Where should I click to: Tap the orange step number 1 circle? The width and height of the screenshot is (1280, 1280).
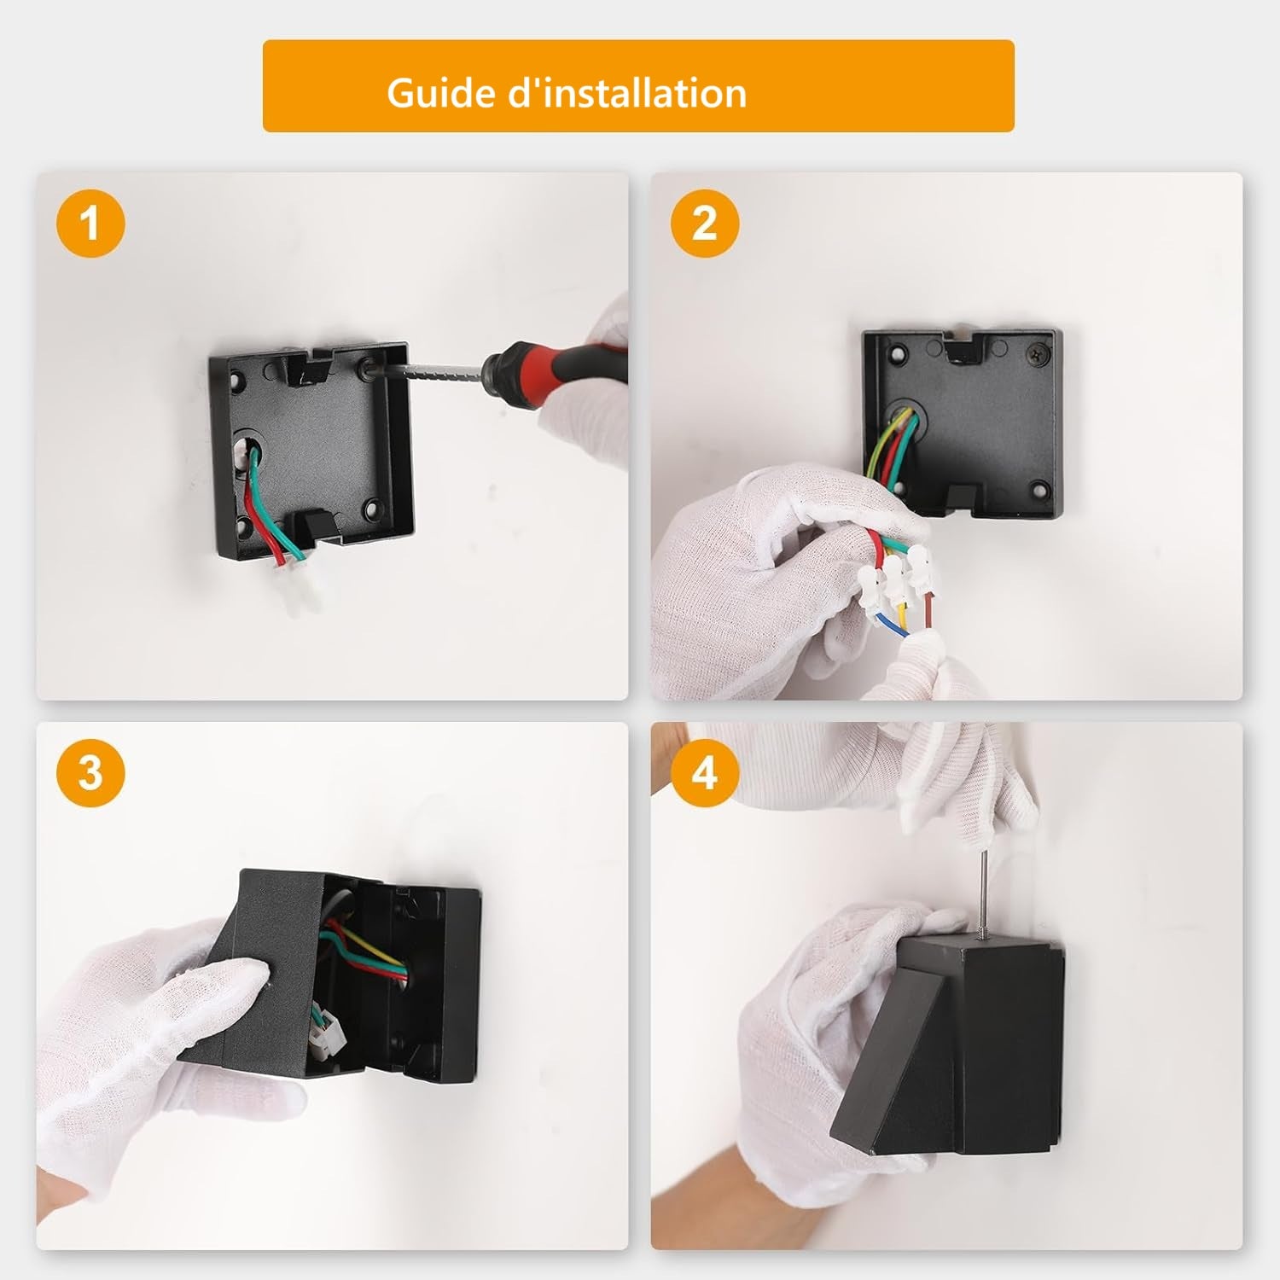pos(90,224)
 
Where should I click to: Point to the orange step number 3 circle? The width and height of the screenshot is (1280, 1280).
pos(90,773)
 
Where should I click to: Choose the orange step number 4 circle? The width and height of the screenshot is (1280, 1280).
pos(705,773)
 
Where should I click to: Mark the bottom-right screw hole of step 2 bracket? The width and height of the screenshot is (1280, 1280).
pos(1039,490)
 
